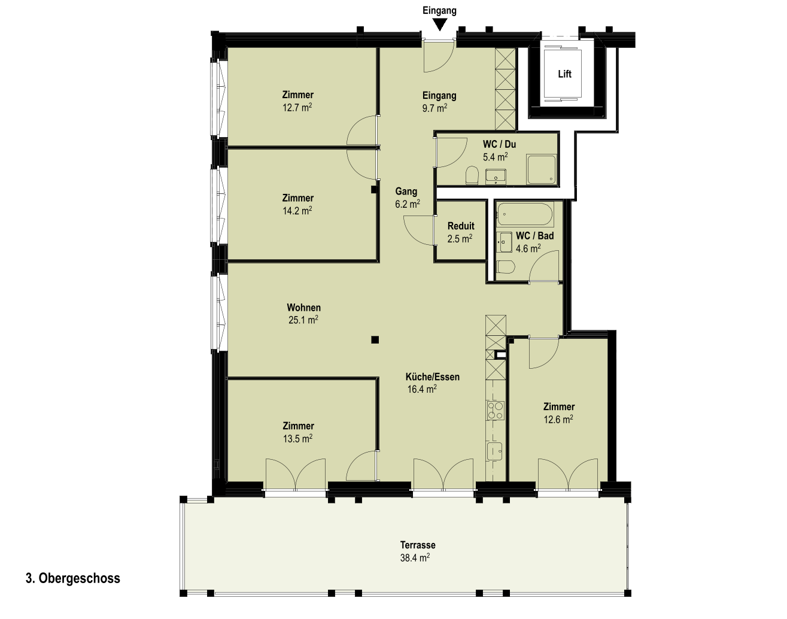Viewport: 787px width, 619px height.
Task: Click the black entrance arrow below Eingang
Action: (440, 25)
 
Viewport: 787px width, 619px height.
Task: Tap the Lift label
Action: (564, 74)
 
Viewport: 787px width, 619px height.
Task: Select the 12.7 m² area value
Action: (297, 108)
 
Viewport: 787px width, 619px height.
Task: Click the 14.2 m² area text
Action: (297, 211)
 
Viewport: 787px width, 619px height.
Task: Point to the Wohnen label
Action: (303, 307)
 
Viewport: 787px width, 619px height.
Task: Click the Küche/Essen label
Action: (433, 377)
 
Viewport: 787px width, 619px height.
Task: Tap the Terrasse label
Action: (418, 545)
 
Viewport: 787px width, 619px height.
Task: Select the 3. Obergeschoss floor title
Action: (73, 578)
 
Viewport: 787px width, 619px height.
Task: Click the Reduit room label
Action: (461, 226)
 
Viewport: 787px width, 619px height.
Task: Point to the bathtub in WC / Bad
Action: (525, 214)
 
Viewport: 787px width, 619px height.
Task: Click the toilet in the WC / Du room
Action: (472, 175)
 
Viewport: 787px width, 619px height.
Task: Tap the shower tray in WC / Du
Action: (541, 169)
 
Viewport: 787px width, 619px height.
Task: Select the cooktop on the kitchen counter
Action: (496, 411)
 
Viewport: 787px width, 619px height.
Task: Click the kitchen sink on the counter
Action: (494, 451)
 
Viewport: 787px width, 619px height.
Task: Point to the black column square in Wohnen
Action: (375, 340)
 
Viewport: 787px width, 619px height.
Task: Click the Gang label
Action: (406, 192)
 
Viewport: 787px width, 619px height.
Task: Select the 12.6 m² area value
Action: (558, 420)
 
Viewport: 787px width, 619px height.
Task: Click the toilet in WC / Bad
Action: (506, 267)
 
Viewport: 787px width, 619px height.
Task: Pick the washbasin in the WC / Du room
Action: (496, 177)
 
